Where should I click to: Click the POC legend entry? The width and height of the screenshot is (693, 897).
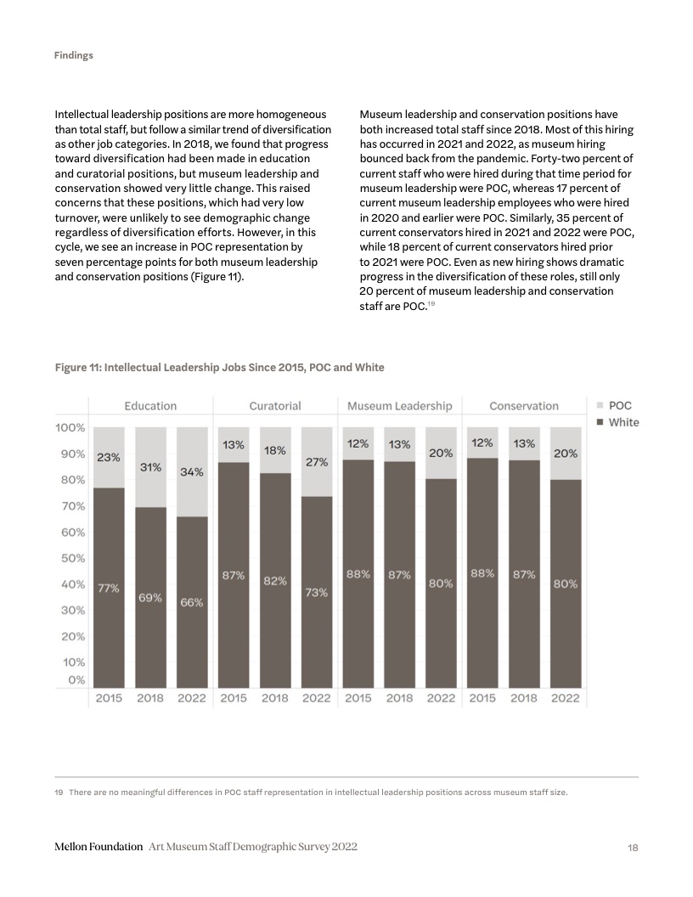pyautogui.click(x=621, y=406)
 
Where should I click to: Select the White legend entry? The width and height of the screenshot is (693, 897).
pyautogui.click(x=623, y=422)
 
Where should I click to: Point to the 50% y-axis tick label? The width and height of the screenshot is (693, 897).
pyautogui.click(x=71, y=558)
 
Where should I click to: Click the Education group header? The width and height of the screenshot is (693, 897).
pyautogui.click(x=150, y=406)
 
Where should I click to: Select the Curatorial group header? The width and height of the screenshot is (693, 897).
pyautogui.click(x=275, y=406)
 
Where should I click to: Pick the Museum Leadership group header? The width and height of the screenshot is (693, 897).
pyautogui.click(x=399, y=406)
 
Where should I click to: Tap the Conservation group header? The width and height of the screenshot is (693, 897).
pyautogui.click(x=524, y=406)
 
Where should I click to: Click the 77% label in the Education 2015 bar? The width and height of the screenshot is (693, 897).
pyautogui.click(x=109, y=588)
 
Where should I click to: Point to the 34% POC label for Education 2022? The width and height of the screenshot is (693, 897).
pyautogui.click(x=191, y=471)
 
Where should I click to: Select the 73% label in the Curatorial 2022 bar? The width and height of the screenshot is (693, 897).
pyautogui.click(x=317, y=593)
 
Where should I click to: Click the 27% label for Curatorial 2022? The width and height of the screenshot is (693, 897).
pyautogui.click(x=317, y=463)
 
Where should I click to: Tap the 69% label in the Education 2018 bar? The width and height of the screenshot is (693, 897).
pyautogui.click(x=150, y=597)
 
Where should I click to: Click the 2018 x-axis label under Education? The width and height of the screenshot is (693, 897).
pyautogui.click(x=150, y=698)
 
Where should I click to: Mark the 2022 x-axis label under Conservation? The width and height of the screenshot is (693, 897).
pyautogui.click(x=566, y=698)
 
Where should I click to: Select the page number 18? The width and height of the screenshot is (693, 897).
pyautogui.click(x=632, y=848)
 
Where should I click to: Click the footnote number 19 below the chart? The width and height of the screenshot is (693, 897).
pyautogui.click(x=59, y=793)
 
